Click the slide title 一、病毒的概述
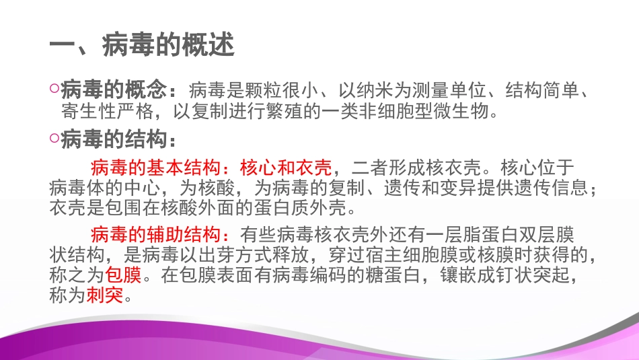[x=142, y=46]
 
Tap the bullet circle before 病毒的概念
[x=54, y=87]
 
